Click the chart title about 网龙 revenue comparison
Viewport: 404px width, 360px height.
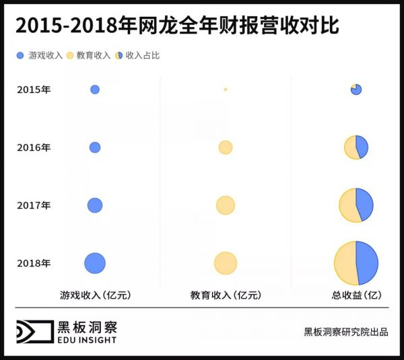(176, 26)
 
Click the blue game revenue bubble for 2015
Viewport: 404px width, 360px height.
(95, 89)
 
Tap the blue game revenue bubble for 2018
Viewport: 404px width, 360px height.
(95, 263)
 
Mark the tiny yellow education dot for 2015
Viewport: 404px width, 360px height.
(226, 89)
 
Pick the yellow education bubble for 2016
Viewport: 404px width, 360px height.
(226, 147)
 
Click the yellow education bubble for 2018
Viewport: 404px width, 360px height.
(226, 263)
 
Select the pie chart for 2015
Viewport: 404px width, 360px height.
(356, 89)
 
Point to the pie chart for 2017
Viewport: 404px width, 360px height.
(356, 205)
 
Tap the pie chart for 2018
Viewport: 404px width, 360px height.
(356, 263)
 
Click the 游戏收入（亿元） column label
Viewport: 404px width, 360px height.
(95, 295)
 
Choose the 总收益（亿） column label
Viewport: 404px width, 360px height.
(356, 295)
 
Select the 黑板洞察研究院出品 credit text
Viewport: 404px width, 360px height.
(346, 332)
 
